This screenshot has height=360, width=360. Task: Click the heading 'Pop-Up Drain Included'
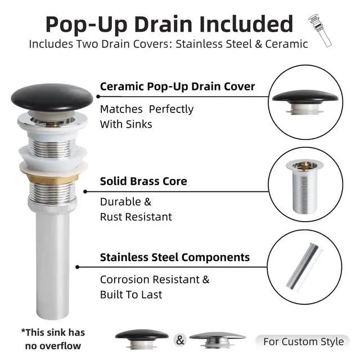tap(169, 24)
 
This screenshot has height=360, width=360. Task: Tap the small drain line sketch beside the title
tap(320, 30)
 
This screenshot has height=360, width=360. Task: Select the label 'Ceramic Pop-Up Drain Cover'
tap(178, 87)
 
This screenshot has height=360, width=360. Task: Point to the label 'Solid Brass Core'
tap(143, 181)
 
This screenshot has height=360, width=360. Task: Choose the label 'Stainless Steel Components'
tap(175, 257)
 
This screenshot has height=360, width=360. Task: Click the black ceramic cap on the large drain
tap(52, 98)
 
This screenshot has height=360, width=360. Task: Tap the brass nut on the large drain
tap(52, 178)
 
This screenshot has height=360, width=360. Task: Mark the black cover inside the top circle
tap(305, 96)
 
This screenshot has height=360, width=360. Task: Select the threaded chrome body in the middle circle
tap(305, 187)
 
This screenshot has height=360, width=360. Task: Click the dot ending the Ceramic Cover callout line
tap(98, 96)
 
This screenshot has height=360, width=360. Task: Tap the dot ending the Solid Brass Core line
tap(85, 191)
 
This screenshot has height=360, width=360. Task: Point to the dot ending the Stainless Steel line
tap(78, 267)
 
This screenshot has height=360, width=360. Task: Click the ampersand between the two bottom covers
tap(180, 340)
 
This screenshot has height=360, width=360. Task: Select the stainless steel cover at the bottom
tap(218, 339)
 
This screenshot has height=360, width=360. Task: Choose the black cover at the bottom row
tap(142, 339)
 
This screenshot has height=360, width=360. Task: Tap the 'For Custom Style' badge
tap(303, 341)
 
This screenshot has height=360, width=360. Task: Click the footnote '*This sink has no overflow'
tap(53, 339)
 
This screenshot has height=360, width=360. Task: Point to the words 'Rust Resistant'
tap(136, 217)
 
